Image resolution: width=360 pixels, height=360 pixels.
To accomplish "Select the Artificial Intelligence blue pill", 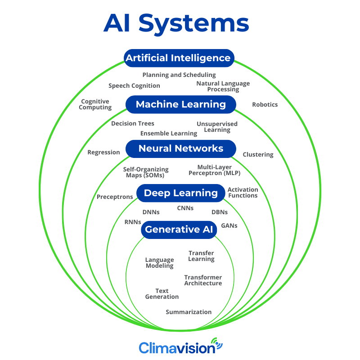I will coord(178,58).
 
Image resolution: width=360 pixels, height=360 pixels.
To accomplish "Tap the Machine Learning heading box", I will coord(181,104).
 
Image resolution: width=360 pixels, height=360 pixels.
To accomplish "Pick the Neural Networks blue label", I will coord(181,148).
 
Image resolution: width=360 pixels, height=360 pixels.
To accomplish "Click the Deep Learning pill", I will coord(180,193).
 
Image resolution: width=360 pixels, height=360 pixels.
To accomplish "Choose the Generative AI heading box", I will coord(179,229).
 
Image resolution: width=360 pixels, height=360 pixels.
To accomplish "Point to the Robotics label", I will coord(265,105).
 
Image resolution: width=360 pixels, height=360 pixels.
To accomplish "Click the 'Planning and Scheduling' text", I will coord(179,75).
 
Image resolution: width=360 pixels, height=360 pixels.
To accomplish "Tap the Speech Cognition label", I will coord(134,85).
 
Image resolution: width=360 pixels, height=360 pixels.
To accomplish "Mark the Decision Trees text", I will coord(133,123).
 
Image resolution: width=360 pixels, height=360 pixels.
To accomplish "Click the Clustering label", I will coord(258,154).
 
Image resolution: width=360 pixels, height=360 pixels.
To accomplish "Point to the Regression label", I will coord(103,152).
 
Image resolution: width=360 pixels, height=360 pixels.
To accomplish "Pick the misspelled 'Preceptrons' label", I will coord(115,197).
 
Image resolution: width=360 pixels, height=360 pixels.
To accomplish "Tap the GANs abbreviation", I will coord(229,225).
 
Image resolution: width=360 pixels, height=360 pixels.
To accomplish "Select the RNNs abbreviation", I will coord(133,222).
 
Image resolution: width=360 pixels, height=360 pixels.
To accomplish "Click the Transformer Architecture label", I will coord(203,280).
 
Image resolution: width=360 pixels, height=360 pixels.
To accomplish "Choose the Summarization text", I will coord(189,312).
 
